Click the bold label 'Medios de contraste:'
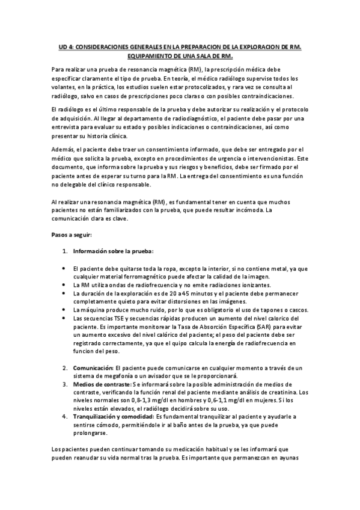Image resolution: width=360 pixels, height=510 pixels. tap(102, 384)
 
